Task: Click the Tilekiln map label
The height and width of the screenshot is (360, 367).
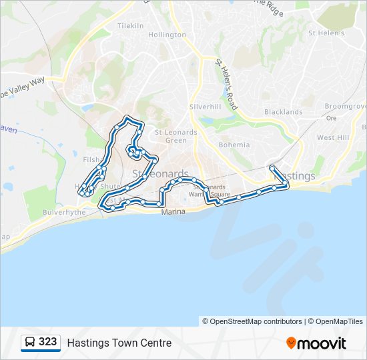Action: coord(130,25)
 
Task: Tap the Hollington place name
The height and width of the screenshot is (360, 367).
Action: coord(167,35)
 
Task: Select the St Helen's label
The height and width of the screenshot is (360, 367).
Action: coord(326,33)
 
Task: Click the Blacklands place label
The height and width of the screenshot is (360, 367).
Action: coord(283,112)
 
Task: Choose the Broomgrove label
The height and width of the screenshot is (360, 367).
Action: coord(346,106)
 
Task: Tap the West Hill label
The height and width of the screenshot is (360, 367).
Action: coord(333,137)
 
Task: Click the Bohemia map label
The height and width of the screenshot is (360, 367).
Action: coord(234,145)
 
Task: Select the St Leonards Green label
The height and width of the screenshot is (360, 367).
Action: coord(176,136)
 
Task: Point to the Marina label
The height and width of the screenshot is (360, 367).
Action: coord(173,212)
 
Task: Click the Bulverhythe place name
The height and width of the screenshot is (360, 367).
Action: coord(46,211)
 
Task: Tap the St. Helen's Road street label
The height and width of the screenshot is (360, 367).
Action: coord(227,84)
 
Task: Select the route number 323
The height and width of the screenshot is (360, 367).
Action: coord(47,342)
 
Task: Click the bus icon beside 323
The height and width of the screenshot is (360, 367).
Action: coord(30,343)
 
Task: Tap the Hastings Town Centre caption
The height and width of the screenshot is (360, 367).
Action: coord(119,343)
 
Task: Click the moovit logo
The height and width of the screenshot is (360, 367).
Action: coord(316,343)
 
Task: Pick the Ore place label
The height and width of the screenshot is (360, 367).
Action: coord(330,118)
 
